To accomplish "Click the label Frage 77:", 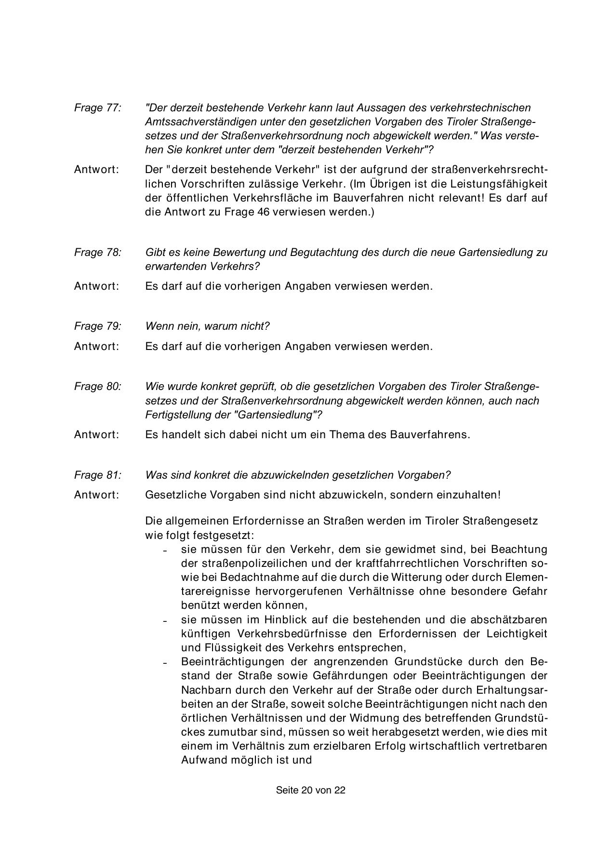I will (x=97, y=107).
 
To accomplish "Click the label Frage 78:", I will (x=97, y=252).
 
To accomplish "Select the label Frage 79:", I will (x=97, y=326).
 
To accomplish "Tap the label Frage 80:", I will (x=97, y=387).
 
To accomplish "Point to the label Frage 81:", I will (x=97, y=475).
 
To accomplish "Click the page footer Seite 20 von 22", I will (x=310, y=790).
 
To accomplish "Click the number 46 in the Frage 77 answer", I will (x=265, y=212).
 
